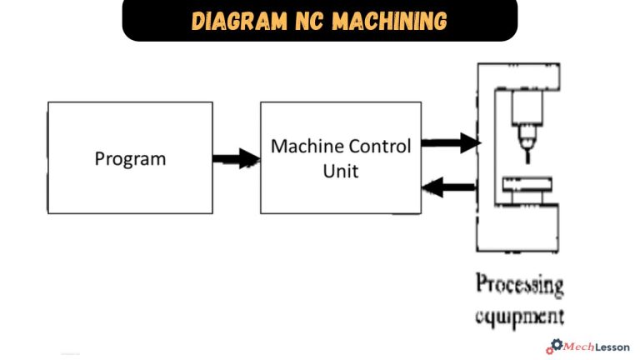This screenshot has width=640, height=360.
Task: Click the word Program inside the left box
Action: pos(130,158)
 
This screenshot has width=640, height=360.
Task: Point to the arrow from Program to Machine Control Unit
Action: pos(237,158)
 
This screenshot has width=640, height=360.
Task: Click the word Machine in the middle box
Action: pos(303,147)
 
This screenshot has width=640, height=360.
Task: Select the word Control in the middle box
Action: pos(376,147)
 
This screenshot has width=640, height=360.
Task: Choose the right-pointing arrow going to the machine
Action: pos(450,145)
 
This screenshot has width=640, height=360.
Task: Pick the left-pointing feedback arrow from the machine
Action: pos(450,188)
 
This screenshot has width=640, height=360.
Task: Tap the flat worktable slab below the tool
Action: pos(527,184)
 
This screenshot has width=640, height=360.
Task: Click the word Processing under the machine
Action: pos(519,285)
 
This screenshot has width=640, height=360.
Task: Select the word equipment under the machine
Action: pos(519,317)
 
